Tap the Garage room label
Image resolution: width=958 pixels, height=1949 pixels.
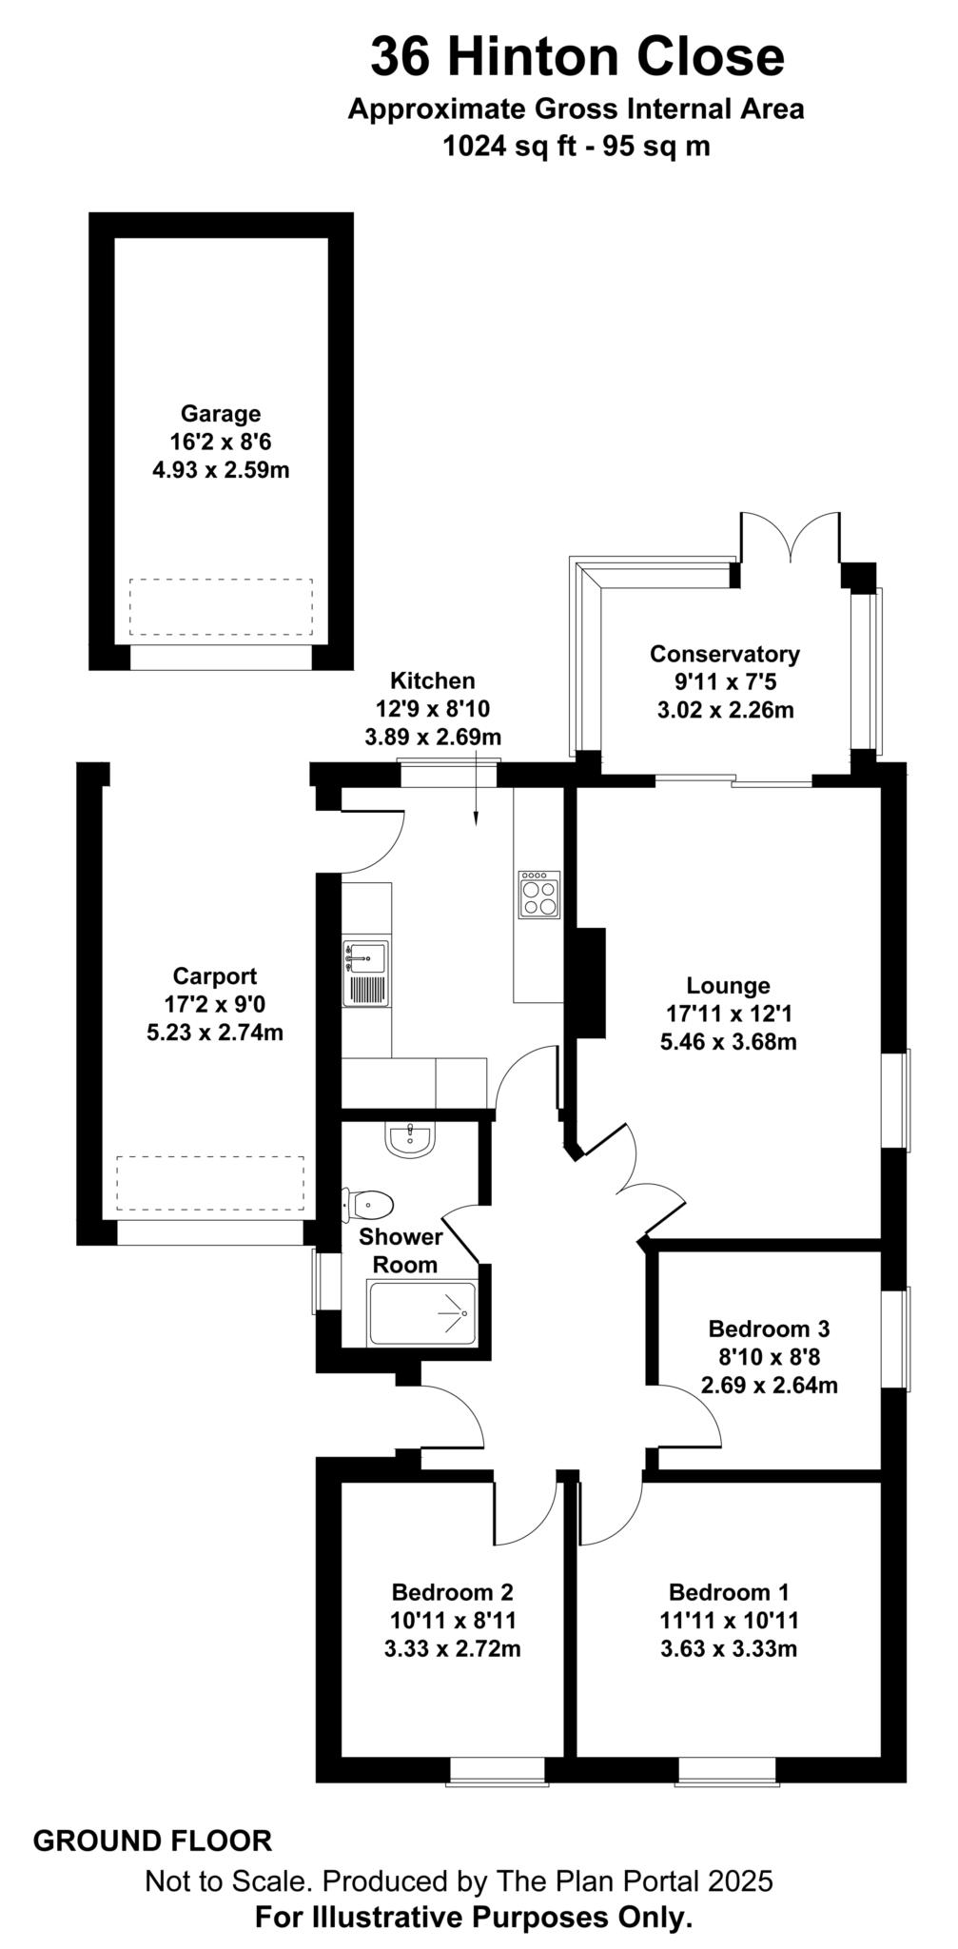pos(221,414)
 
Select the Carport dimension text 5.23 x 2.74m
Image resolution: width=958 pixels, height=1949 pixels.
pos(215,1032)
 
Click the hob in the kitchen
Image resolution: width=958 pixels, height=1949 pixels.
pos(538,895)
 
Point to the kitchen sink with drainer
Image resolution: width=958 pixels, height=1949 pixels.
pos(366,973)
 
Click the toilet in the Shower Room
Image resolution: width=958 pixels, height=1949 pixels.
pos(368,1205)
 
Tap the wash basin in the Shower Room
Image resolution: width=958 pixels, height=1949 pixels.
pos(410,1139)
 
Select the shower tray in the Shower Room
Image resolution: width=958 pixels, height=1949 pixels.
pos(421,1313)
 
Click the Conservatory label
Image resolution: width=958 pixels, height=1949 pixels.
pos(724,654)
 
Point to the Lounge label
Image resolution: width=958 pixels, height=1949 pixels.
pos(728,986)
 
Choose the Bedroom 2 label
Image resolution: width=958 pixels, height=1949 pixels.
pos(452,1592)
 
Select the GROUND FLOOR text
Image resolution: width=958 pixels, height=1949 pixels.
pos(152,1841)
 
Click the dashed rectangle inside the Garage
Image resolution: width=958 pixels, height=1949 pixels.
pos(221,607)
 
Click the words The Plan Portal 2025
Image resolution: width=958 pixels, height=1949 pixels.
pos(631,1880)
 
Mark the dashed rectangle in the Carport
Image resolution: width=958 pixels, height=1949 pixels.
pos(210,1183)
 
